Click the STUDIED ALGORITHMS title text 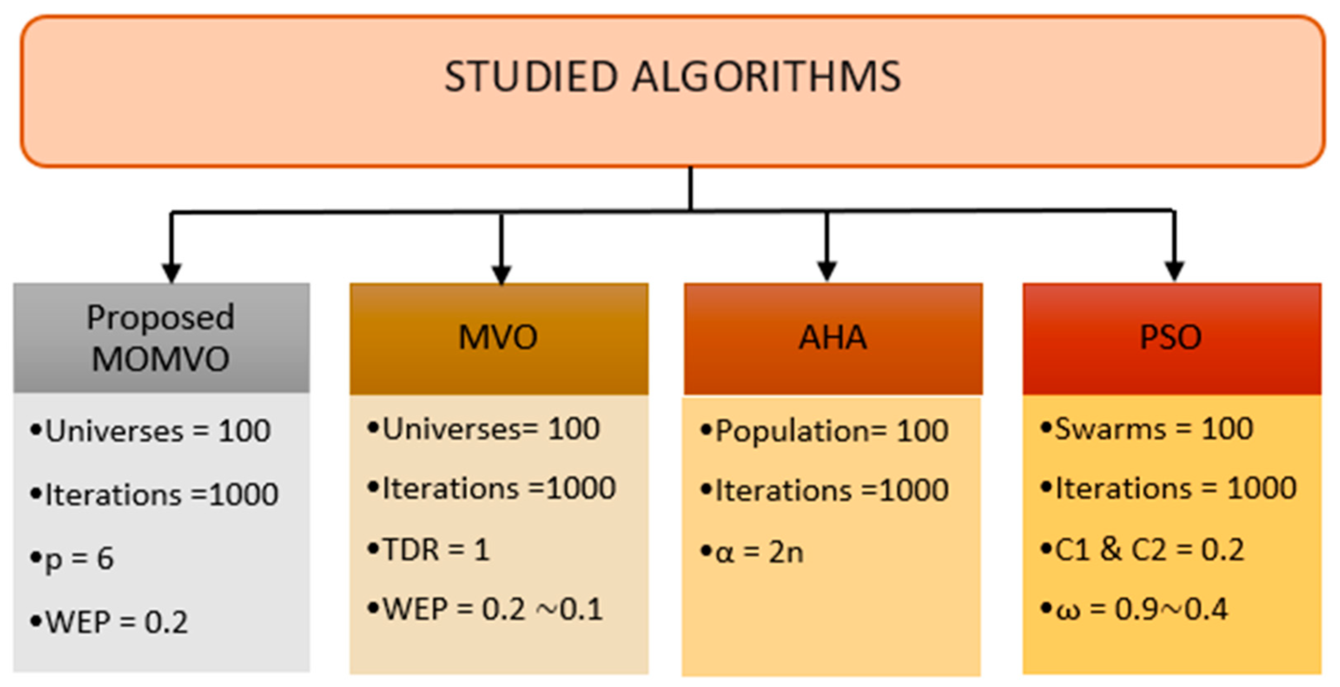(672, 76)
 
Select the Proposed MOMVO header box (161, 338)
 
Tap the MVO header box (498, 338)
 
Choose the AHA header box (833, 338)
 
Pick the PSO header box (1171, 338)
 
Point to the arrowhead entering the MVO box (501, 274)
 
